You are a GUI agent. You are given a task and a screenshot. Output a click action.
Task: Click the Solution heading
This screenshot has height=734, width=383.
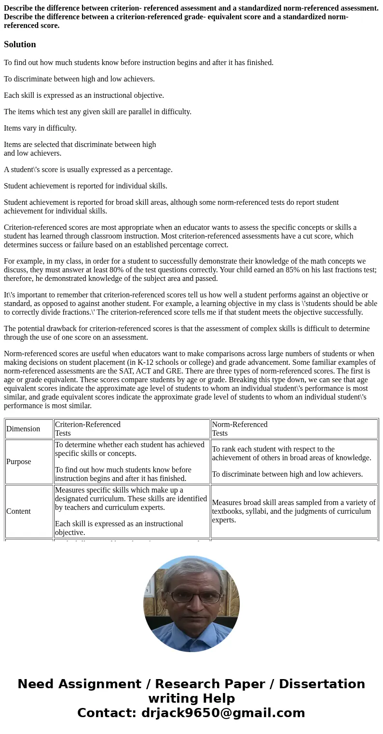pos(20,44)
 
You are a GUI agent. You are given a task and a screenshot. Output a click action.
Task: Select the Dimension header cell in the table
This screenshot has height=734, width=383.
pos(23,429)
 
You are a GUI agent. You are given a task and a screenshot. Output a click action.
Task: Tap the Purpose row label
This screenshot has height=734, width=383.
pos(19,462)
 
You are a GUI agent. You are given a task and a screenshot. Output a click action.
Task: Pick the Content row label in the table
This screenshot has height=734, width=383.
pos(18,511)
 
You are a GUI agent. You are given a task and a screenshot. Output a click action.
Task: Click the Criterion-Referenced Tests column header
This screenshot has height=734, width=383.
pos(88,428)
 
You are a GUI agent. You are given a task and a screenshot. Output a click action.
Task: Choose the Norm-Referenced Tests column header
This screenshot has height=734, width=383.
pos(240,428)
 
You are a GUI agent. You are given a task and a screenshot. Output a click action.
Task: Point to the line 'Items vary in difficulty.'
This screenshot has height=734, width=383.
pos(40,128)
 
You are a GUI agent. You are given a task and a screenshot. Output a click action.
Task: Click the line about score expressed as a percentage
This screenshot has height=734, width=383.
pos(88,170)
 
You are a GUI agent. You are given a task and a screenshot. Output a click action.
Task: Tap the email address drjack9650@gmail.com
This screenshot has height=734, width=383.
pos(223,713)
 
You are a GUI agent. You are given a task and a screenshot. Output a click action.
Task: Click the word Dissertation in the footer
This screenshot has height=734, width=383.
pos(322,684)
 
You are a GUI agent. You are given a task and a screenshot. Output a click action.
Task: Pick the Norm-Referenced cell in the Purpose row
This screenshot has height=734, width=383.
pos(294,462)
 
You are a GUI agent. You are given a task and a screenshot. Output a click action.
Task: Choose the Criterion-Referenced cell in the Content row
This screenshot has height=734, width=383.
pos(131,511)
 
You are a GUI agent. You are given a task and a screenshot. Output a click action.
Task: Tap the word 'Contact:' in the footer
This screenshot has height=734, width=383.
pos(107,713)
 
